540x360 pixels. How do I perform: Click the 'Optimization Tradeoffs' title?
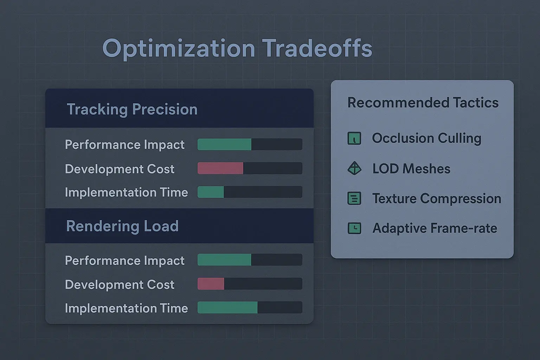(x=237, y=49)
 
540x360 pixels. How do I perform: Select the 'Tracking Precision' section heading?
(x=132, y=109)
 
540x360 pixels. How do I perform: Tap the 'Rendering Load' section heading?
(x=122, y=226)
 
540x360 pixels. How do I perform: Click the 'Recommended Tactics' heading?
(x=423, y=103)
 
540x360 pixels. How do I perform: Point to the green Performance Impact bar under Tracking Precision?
(x=224, y=144)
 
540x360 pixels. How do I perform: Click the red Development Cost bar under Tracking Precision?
(x=220, y=168)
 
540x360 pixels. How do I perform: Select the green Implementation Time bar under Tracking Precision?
(x=211, y=192)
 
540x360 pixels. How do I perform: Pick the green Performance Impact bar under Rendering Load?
(x=224, y=260)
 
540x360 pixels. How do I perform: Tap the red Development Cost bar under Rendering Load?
(x=211, y=284)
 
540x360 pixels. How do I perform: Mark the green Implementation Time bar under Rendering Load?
(x=227, y=308)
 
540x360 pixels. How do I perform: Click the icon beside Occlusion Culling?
(x=354, y=139)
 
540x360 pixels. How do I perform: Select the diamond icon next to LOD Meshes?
(x=354, y=169)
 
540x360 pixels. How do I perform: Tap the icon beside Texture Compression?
(x=354, y=199)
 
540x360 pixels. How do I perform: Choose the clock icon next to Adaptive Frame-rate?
(x=354, y=229)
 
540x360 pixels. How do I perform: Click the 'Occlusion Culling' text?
(x=426, y=138)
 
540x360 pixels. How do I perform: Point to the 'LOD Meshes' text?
(x=411, y=169)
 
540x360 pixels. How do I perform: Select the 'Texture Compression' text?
(x=437, y=199)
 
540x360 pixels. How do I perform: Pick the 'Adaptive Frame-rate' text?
(x=435, y=229)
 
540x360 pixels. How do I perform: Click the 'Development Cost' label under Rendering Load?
(x=120, y=284)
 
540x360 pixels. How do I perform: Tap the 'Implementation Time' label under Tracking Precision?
(x=126, y=192)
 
